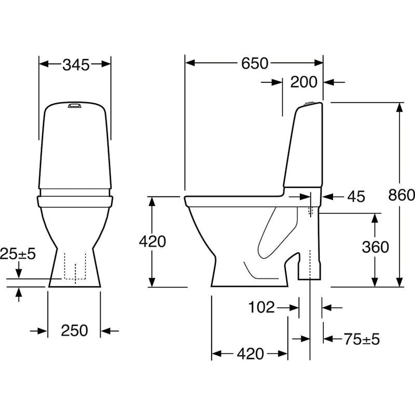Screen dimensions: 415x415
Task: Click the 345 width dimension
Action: coord(76,65)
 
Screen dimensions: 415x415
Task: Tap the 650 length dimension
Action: coord(255,63)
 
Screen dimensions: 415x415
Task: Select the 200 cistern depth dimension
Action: coord(303,82)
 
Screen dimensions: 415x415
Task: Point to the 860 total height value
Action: coord(401,195)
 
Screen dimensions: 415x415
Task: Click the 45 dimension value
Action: coord(356,197)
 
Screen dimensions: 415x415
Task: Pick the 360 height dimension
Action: coord(375,247)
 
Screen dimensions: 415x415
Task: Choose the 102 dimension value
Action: coord(261,308)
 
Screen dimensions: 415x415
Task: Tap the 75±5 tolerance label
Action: coord(362,339)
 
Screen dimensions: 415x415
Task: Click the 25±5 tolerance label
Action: coord(18,254)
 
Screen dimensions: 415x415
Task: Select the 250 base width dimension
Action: coord(74,330)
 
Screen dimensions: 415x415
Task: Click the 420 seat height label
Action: coord(153,241)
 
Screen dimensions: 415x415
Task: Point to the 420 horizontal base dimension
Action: coord(251,354)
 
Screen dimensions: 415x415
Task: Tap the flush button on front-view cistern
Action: coord(74,106)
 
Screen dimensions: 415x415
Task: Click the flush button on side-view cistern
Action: coord(309,103)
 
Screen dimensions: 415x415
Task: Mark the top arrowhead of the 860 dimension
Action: coord(399,107)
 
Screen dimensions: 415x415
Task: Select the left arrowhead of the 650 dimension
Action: coord(190,63)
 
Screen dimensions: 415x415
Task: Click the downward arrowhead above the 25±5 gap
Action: coord(19,273)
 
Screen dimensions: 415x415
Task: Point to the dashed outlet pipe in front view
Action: coord(75,266)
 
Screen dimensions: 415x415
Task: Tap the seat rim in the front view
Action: coord(75,201)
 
